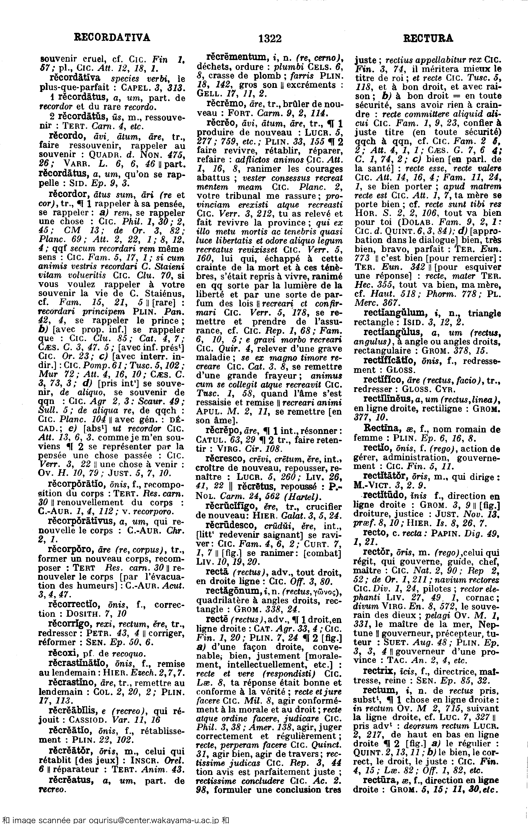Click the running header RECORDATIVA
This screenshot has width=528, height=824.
coord(112,37)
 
